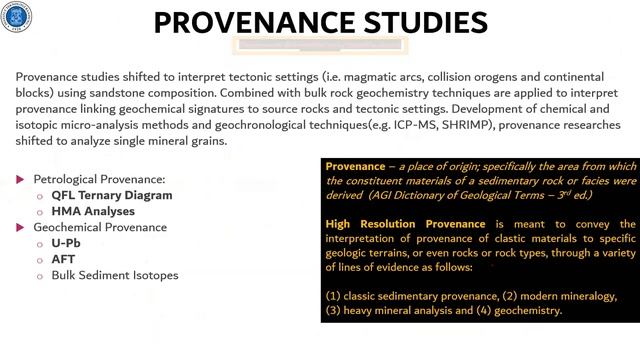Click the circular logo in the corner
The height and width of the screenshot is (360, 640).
coord(18,18)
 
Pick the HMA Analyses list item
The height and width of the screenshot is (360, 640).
coord(93,211)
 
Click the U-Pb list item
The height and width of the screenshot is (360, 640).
coord(66,243)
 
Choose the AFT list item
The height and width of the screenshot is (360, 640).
coord(64,258)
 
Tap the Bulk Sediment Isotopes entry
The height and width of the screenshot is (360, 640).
coord(115,274)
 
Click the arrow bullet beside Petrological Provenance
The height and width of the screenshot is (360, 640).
coord(23,179)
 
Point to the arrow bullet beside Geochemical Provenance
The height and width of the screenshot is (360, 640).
coord(23,227)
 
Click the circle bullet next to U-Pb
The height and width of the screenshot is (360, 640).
coord(41,243)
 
